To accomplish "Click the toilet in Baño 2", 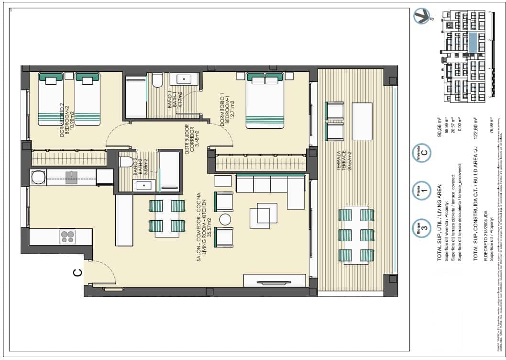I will point(125,162).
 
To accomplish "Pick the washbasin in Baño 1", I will point(182,79).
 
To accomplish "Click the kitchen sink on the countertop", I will point(71,178).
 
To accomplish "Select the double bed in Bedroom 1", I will point(264,101).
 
